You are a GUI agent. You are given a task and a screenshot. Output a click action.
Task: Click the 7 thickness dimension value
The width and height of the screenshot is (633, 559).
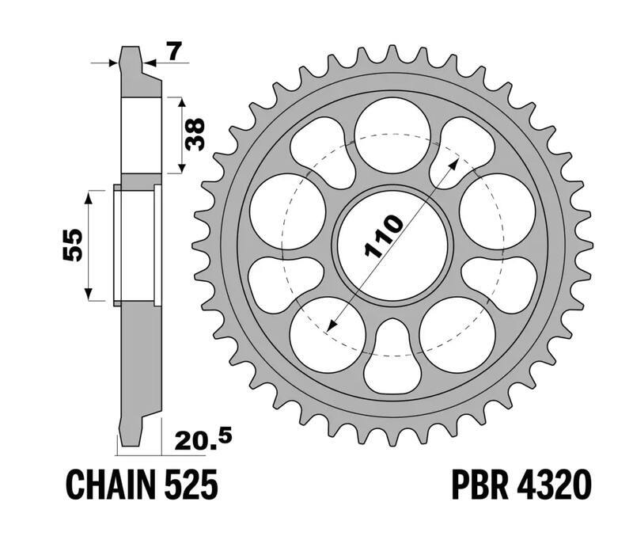[x=175, y=52]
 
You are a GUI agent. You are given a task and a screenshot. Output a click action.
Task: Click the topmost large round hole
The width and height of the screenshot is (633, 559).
[x=392, y=135]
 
